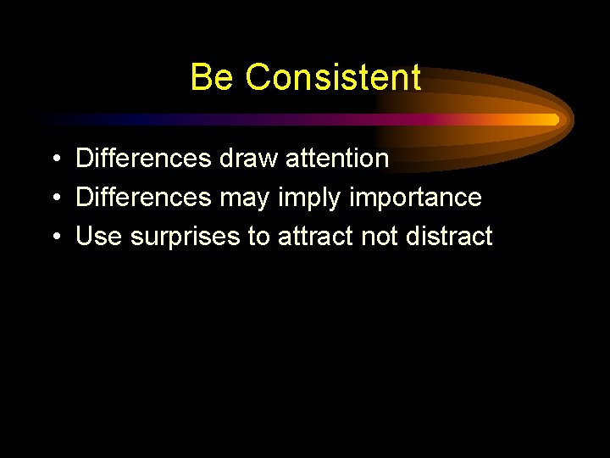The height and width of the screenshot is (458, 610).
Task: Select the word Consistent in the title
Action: pos(333,77)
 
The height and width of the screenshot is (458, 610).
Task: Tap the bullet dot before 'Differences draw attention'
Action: pos(54,159)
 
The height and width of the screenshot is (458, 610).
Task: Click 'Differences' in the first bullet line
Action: pos(143,158)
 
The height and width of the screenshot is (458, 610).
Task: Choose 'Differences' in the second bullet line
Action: pos(143,198)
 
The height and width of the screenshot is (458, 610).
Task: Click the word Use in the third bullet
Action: pos(99,237)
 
